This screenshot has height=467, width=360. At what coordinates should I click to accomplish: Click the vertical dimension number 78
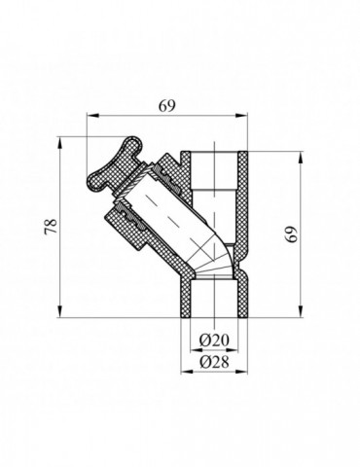[x=51, y=227]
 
